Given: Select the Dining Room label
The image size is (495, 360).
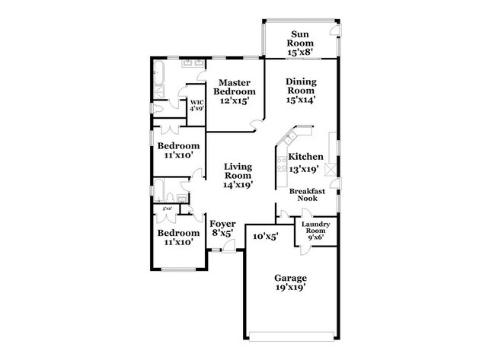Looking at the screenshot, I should tap(300, 90).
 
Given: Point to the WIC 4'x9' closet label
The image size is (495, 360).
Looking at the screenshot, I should tap(196, 105).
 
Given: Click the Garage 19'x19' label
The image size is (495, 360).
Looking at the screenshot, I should tap(291, 282).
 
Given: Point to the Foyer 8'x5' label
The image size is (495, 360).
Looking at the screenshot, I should tap(222, 228).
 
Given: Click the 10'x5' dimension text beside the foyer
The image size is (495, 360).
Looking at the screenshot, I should tap(265, 237).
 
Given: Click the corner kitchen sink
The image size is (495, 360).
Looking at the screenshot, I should tap(289, 138).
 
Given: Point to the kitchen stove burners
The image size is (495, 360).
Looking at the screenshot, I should tap(330, 169).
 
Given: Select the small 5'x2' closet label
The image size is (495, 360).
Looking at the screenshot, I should tap(167, 208).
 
